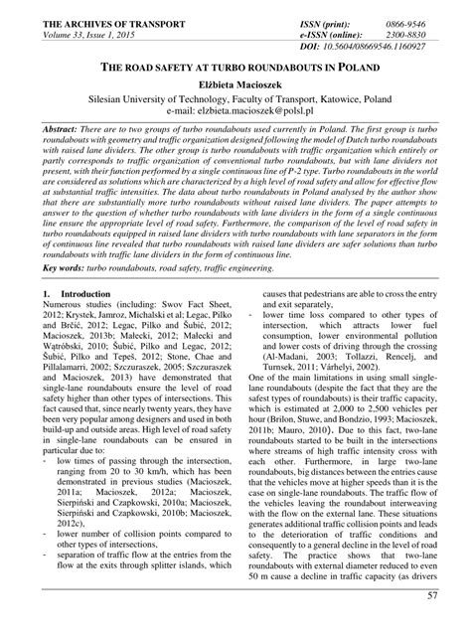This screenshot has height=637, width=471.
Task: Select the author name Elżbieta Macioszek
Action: click(235, 86)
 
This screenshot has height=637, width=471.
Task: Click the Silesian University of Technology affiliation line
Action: click(235, 100)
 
